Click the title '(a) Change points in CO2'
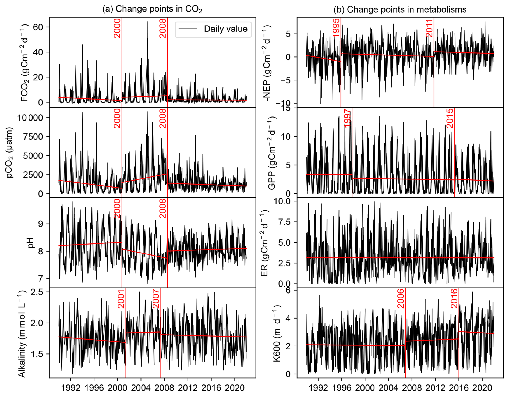click(152, 9)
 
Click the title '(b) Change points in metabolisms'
click(400, 10)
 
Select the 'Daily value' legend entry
click(225, 29)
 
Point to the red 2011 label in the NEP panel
click(429, 28)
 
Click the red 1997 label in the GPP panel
click(347, 118)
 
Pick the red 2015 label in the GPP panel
click(450, 118)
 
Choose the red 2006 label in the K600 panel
click(401, 299)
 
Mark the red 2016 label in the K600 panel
click(454, 299)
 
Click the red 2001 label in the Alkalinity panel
click(121, 299)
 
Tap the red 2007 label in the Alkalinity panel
click(156, 299)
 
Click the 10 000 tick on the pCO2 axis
click(30, 118)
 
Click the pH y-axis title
click(31, 242)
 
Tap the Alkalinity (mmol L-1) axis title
click(22, 334)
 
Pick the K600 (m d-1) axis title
click(277, 334)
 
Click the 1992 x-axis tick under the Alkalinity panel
click(70, 388)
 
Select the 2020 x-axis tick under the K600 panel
click(482, 388)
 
